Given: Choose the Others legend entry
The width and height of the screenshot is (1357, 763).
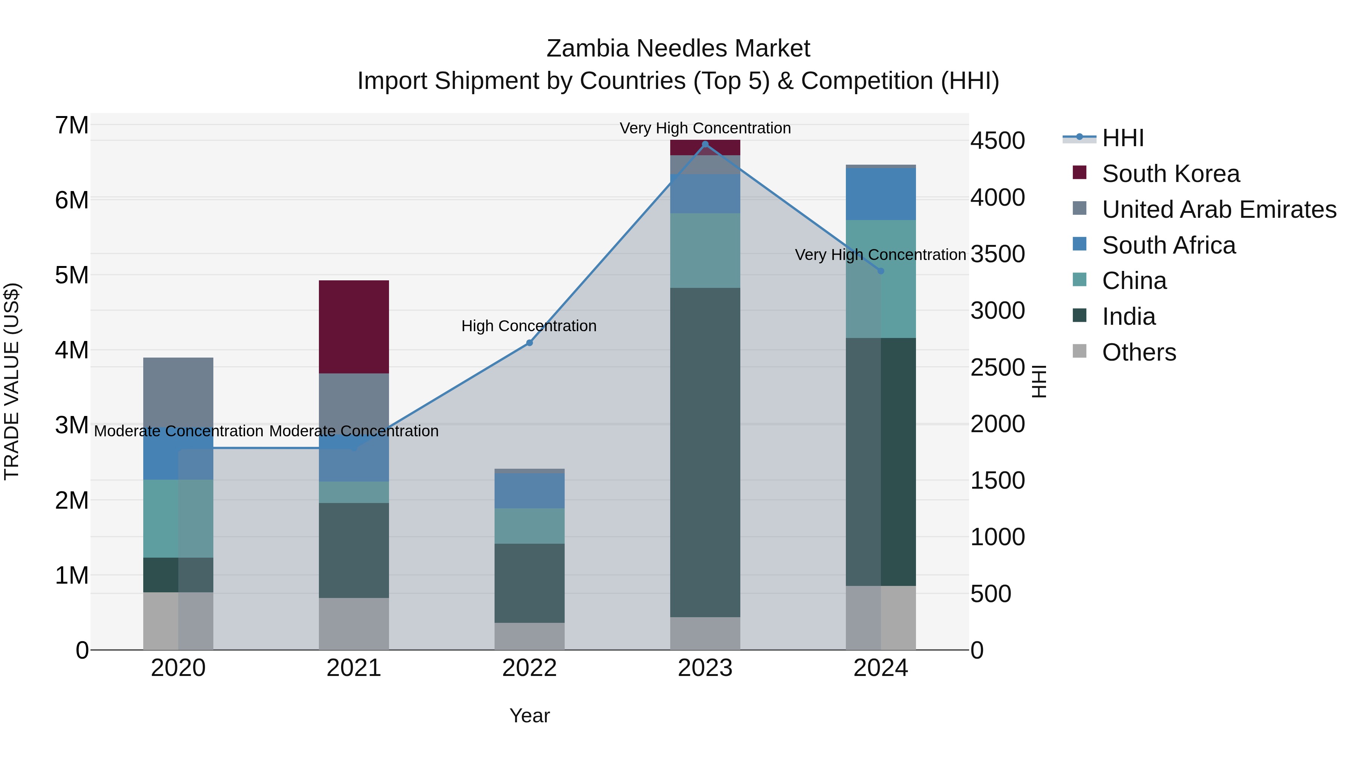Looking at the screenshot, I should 1138,352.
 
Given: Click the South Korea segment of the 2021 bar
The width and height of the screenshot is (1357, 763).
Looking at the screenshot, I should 354,326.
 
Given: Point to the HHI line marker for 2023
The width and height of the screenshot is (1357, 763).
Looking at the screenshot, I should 705,144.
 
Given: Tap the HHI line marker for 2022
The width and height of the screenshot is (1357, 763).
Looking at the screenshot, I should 530,343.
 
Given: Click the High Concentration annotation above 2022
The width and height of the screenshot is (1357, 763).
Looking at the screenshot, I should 529,326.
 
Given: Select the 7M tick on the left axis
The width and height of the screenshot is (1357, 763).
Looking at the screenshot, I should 72,125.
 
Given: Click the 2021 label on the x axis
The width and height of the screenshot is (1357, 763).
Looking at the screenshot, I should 354,668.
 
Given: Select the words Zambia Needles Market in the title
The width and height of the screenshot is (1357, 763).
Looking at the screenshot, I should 678,49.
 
